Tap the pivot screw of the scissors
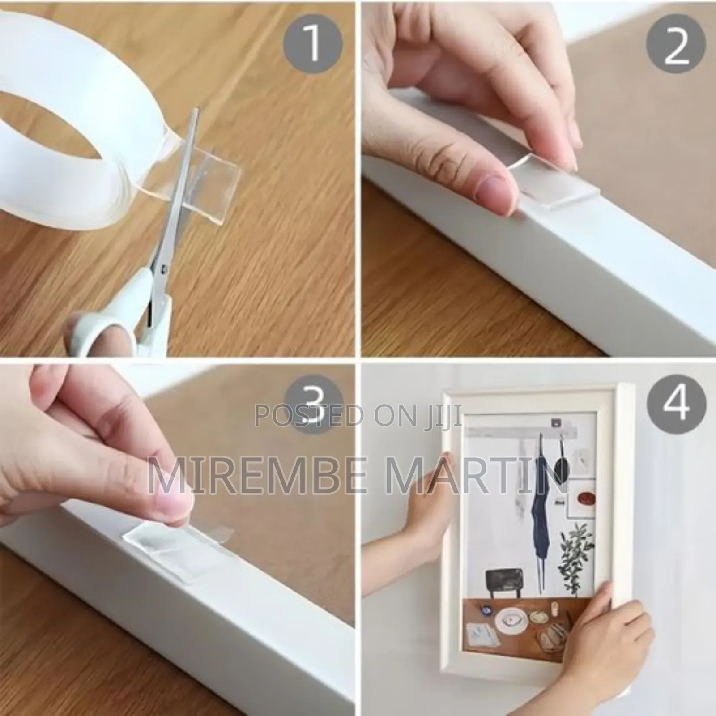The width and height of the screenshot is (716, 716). [x=165, y=268]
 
